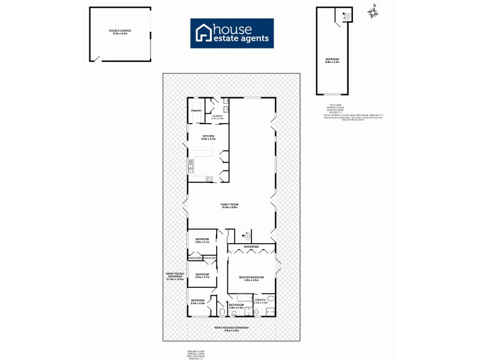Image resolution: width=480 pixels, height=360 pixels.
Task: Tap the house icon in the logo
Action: pos(204,34)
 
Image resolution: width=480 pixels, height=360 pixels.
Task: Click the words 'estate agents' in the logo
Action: pos(242,40)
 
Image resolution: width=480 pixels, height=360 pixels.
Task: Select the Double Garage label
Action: pos(120,31)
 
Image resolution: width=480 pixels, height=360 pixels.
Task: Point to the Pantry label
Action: pos(196,110)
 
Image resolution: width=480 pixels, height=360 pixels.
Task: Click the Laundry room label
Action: pos(217,117)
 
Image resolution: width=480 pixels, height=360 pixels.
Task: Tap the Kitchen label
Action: pos(208,137)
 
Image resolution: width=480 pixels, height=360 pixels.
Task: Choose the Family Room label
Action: pos(230,206)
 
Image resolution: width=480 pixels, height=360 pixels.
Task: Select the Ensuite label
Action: pos(260,301)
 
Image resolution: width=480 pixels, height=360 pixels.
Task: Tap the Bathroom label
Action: pos(236,306)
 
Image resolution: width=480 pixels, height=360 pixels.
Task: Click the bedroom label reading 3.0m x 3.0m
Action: pos(198,301)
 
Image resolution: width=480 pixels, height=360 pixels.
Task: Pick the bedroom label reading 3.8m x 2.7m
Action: pos(202,240)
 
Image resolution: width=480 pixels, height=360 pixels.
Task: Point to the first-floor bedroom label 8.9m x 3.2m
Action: pos(332,60)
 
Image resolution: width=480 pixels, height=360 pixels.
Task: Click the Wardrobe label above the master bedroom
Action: pos(250,247)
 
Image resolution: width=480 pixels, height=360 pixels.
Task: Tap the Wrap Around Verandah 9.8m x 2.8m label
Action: pos(232,329)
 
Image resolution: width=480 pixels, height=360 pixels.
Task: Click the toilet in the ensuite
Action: pos(271,298)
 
